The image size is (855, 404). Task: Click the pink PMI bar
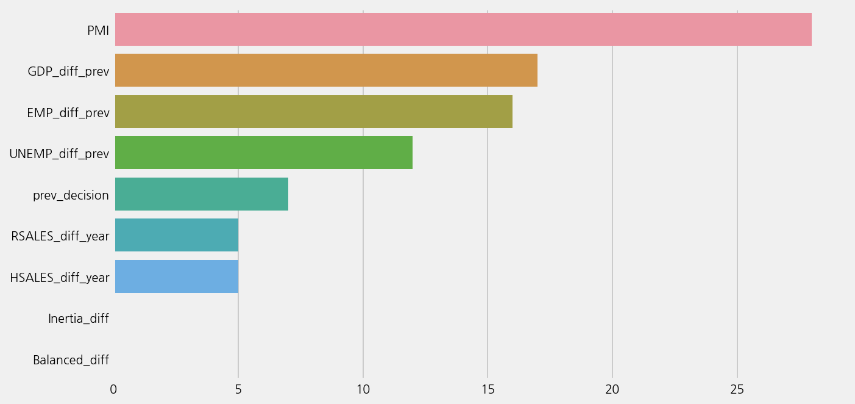coord(463,29)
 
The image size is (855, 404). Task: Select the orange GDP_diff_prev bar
coord(326,70)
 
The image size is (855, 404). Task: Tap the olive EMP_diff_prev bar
coord(314,112)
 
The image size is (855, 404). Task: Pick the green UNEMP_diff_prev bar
coord(264,153)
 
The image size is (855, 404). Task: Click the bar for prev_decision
coord(202,194)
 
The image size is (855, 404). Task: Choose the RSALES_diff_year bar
coord(177,235)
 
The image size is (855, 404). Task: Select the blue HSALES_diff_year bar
coord(177,276)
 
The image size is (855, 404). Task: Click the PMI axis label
coord(98,31)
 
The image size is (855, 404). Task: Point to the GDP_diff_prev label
coord(68,71)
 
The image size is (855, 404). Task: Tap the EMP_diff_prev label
coord(68,113)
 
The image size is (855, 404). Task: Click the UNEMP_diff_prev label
coord(59,154)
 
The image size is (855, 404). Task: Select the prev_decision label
coord(71,195)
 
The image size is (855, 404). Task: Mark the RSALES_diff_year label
coord(60,236)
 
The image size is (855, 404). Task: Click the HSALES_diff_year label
coord(60,278)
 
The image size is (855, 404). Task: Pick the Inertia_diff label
coord(79,319)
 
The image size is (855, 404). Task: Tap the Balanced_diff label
coord(71,360)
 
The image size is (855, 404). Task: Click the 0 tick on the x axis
coord(113,389)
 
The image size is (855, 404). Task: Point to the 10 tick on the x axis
coord(363,389)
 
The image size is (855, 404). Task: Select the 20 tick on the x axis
coord(612,389)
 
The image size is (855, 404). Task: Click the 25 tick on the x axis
coord(737,389)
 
